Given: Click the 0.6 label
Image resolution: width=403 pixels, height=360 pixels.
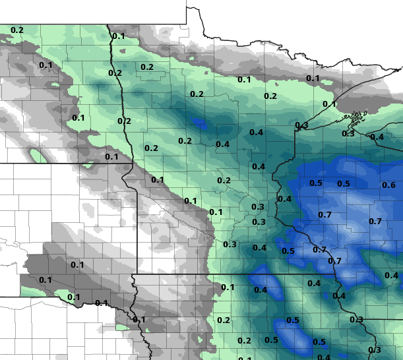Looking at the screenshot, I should click(x=389, y=185).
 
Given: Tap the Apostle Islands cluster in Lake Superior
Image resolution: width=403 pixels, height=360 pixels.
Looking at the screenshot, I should click(x=357, y=119).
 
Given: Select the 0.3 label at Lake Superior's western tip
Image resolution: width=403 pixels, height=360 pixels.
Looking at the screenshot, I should click(x=301, y=125).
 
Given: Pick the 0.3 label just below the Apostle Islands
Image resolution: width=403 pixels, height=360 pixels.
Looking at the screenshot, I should click(x=348, y=133).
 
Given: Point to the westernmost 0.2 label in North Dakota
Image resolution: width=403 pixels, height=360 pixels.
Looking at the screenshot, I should click(x=17, y=30).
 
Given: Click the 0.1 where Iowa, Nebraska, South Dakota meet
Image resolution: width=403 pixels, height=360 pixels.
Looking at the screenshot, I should click(x=139, y=320).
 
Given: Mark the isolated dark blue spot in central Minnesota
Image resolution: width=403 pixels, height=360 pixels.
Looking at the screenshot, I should click(x=199, y=122).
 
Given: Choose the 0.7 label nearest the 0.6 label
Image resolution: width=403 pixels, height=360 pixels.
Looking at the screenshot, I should click(x=375, y=221).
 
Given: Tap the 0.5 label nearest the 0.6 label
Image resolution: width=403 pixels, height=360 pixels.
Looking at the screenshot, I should click(x=344, y=183).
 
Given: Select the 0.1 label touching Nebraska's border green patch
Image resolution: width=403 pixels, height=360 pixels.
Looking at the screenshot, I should click(x=73, y=297).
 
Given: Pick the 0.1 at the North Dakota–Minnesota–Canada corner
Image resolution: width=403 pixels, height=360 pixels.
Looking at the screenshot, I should click(x=118, y=36).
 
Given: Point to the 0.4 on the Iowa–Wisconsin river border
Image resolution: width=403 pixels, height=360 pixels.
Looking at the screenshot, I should click(x=339, y=295).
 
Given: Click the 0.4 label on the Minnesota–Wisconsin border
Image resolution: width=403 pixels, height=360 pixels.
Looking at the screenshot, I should click(x=284, y=198).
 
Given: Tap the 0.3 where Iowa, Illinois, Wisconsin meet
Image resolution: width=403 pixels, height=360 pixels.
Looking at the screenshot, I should click(x=356, y=320).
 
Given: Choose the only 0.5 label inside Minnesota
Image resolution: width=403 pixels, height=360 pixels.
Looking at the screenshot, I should click(x=288, y=251).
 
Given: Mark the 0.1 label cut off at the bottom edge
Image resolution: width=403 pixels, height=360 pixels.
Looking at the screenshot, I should click(x=245, y=358).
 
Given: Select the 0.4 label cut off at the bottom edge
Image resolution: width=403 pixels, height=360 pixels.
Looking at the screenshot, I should click(x=324, y=357).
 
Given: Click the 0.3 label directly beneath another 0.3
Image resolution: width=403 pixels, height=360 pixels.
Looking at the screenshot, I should click(x=259, y=222).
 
